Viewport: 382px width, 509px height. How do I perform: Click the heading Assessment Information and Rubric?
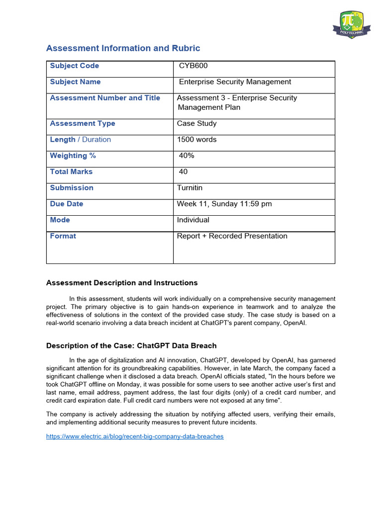tap(123, 48)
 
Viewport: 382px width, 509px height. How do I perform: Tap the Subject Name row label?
tap(75, 82)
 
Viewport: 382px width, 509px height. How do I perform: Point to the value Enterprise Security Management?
tap(235, 82)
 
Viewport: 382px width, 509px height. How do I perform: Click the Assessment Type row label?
tap(83, 123)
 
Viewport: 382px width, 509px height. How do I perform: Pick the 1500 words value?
tap(197, 140)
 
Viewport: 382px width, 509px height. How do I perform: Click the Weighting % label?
tap(73, 156)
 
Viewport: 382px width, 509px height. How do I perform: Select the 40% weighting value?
tap(187, 156)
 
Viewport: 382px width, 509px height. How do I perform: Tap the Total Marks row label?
tap(71, 171)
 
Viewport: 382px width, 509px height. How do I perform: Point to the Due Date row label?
tap(67, 204)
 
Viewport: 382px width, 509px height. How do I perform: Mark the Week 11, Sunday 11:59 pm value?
tap(224, 204)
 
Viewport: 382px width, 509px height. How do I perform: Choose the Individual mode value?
tap(193, 220)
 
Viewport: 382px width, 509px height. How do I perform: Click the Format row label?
tap(63, 236)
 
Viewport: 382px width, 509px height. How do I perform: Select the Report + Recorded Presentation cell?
tap(232, 236)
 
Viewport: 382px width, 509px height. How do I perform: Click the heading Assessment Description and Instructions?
tap(122, 283)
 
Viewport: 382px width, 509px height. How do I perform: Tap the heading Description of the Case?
tap(131, 345)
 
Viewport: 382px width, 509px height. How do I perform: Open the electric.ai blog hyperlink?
tap(135, 436)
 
